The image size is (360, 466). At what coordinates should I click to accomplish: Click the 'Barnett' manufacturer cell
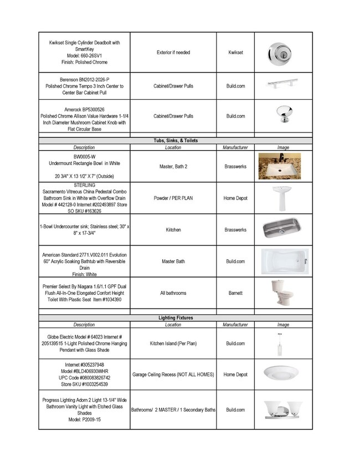click(x=235, y=293)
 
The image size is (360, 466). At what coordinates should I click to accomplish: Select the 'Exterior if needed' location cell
click(x=173, y=53)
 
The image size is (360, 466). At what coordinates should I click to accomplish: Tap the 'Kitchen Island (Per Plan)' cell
click(x=173, y=344)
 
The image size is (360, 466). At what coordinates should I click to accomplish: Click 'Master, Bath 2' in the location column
click(x=173, y=166)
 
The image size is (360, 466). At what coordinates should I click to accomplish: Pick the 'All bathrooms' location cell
click(x=173, y=293)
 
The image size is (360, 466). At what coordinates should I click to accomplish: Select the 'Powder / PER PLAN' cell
click(x=173, y=198)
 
